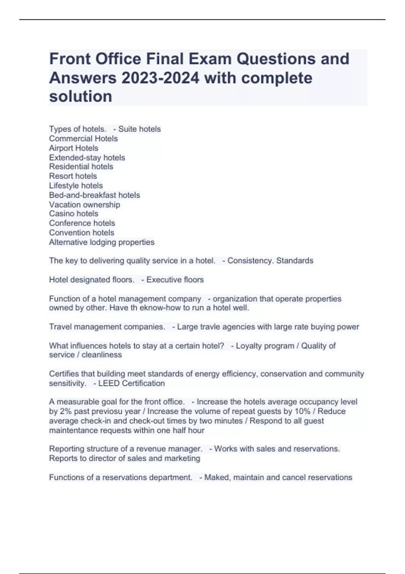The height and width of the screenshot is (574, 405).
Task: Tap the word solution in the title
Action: [81, 97]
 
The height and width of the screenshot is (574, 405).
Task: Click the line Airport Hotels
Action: [74, 148]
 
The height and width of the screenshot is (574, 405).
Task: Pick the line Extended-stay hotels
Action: [87, 158]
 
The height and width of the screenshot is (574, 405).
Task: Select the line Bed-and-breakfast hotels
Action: [94, 195]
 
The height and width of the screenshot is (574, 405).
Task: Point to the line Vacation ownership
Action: [84, 205]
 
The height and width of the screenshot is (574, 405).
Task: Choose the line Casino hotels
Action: [74, 214]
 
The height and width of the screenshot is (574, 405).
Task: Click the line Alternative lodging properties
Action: [102, 242]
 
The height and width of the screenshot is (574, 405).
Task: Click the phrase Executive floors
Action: [175, 280]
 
